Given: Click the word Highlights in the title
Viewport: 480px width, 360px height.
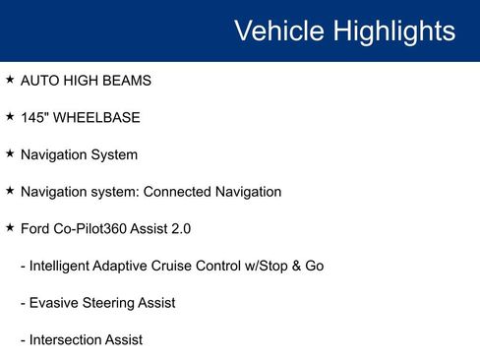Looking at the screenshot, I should [392, 30].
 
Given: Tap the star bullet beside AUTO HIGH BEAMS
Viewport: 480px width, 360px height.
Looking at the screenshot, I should [10, 80].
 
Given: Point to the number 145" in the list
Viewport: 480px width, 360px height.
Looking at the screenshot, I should [35, 118].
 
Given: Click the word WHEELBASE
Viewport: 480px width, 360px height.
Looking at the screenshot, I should [97, 118].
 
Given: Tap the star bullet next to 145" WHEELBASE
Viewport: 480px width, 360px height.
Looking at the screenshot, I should [10, 117].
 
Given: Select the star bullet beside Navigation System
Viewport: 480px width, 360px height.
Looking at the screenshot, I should [10, 153].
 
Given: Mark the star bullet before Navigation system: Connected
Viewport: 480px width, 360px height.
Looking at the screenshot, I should [10, 191].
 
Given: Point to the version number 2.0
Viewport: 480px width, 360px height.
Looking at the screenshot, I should [179, 228].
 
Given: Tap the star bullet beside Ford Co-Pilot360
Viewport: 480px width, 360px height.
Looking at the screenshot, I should [10, 227].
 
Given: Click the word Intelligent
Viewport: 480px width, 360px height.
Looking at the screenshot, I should [65, 266].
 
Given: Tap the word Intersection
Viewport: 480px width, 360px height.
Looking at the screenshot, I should [68, 339].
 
